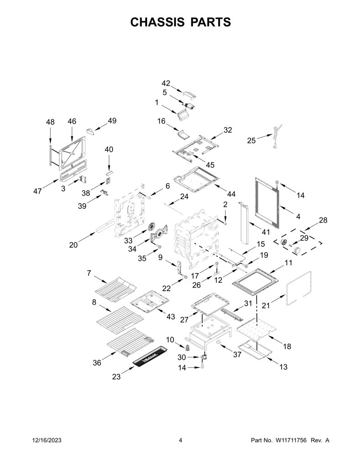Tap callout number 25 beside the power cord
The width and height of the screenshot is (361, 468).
click(251, 140)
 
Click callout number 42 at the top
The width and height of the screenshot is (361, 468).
click(166, 83)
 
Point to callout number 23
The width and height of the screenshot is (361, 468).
click(116, 377)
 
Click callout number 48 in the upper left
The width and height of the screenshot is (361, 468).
click(50, 122)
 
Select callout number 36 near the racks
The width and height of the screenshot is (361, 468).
click(97, 362)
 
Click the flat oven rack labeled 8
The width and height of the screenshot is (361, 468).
click(120, 320)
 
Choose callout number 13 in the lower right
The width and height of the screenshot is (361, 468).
click(283, 367)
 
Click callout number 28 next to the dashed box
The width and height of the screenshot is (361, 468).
click(323, 220)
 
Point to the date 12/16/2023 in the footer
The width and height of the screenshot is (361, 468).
click(47, 440)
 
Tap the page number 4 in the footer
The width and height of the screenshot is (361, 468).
click(180, 440)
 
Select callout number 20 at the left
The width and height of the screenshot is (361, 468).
click(73, 245)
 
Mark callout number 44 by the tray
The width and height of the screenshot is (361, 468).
click(231, 194)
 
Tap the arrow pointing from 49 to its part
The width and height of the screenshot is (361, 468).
click(101, 126)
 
